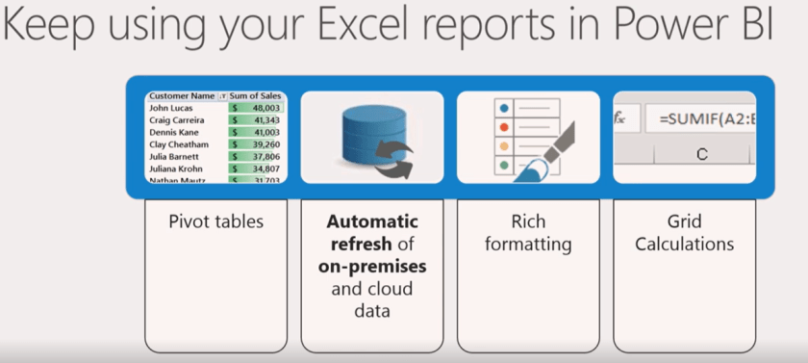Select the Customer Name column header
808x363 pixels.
click(182, 96)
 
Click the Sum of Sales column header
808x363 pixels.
click(256, 96)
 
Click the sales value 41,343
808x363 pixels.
click(265, 120)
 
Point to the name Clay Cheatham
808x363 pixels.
click(179, 143)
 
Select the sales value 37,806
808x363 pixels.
click(265, 155)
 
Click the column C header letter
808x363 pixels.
click(701, 154)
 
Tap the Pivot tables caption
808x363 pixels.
click(216, 221)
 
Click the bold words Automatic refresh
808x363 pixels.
click(372, 232)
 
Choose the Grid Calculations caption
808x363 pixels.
click(685, 232)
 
